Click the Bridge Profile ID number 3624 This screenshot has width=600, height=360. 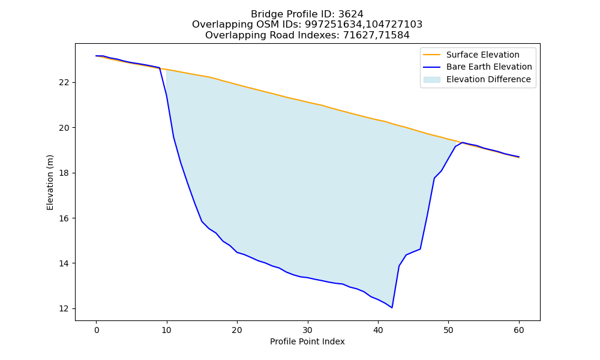tap(350, 14)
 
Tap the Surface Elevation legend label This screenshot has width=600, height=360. tap(482, 55)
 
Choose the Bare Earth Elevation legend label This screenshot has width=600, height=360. tap(489, 67)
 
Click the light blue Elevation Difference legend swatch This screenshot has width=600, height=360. tap(431, 80)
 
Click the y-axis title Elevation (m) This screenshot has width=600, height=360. tap(50, 182)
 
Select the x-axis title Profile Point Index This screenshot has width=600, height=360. tap(307, 341)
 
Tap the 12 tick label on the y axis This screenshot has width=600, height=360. tap(65, 309)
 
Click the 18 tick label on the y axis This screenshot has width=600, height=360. tap(65, 173)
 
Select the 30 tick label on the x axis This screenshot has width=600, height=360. tap(307, 330)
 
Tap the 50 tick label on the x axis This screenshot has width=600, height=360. tap(448, 330)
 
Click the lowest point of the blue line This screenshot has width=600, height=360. tap(392, 308)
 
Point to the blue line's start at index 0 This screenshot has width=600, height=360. tap(96, 56)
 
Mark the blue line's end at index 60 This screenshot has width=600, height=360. tap(519, 157)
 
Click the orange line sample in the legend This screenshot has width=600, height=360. tap(431, 55)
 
